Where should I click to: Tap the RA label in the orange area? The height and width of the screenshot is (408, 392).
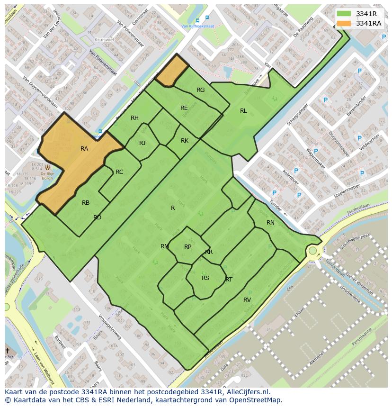click(84, 149)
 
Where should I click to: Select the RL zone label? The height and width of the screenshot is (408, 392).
click(243, 111)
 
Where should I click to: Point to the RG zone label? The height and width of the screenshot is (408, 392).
click(201, 90)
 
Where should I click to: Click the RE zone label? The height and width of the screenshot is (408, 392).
click(184, 108)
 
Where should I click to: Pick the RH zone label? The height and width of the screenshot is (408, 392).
click(135, 118)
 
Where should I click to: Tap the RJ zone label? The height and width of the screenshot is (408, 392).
click(143, 143)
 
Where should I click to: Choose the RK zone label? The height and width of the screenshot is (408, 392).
click(185, 141)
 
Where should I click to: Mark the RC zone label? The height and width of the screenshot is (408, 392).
click(119, 172)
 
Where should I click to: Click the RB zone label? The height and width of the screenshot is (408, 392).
click(86, 203)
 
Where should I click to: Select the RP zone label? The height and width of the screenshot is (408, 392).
click(188, 247)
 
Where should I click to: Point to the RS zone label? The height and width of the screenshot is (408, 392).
click(205, 278)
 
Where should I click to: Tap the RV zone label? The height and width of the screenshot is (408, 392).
click(247, 300)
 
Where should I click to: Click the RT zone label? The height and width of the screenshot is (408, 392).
click(229, 280)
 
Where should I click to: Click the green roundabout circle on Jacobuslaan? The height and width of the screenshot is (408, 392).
click(312, 250)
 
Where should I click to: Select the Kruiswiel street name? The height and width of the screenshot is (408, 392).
click(104, 40)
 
